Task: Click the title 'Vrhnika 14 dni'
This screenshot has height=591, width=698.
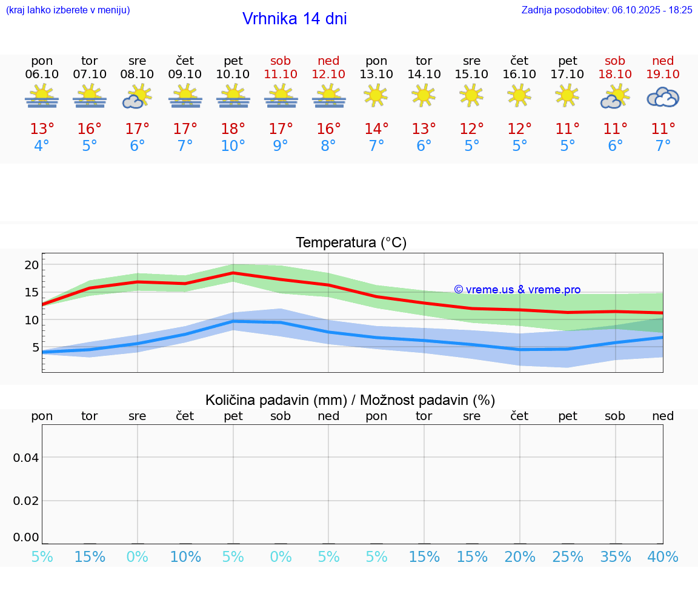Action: [294, 19]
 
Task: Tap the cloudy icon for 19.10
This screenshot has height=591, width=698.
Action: [663, 97]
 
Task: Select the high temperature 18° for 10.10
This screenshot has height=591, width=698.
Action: [233, 129]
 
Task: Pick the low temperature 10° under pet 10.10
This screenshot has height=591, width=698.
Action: [233, 146]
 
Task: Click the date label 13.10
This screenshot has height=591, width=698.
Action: [376, 74]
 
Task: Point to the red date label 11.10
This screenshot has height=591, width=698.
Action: [281, 74]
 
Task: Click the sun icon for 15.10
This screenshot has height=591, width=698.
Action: [471, 95]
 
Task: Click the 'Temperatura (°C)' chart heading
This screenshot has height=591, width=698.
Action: [351, 243]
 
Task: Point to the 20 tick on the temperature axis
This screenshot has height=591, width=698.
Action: [32, 265]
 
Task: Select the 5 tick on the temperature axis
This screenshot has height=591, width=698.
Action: [35, 347]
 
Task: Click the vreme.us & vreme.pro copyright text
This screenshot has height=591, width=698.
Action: [517, 290]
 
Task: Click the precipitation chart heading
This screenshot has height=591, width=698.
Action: [350, 400]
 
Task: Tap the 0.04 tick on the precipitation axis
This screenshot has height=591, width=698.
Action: [26, 458]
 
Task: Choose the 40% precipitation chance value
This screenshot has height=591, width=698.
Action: [663, 557]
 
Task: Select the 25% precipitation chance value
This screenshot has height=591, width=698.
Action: [567, 557]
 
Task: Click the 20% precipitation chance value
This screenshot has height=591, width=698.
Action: [519, 557]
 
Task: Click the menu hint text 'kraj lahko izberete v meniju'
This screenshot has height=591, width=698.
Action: [68, 10]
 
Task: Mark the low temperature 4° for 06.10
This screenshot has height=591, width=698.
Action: [42, 146]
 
